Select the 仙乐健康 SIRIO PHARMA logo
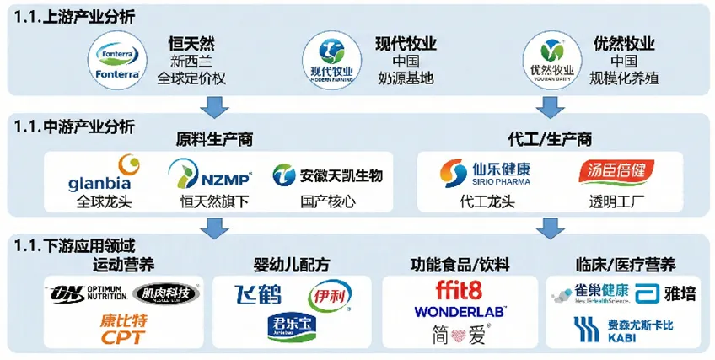[x=486, y=175]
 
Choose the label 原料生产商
[x=214, y=137]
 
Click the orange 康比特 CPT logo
[x=121, y=329]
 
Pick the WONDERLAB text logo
[x=460, y=312]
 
